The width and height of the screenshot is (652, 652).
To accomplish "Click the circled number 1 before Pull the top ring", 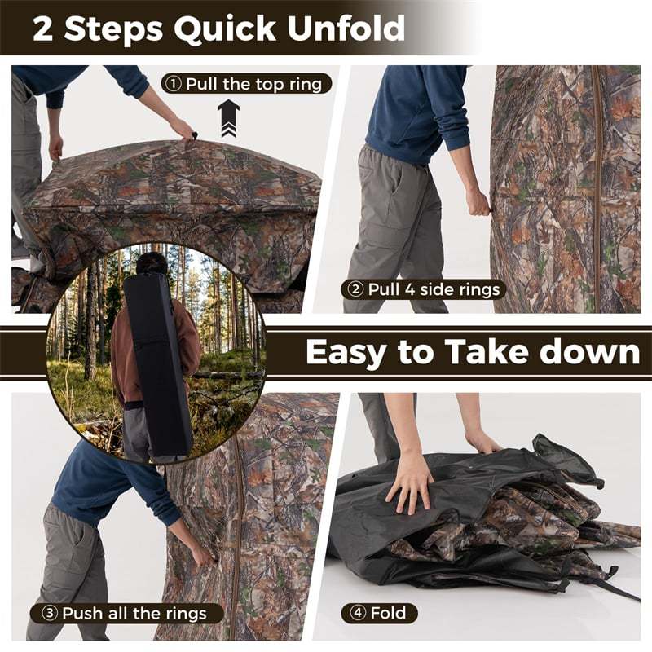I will tap(174, 83).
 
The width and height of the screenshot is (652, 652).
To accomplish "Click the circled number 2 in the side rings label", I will tap(355, 289).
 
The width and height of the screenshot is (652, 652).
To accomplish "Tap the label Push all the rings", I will tap(126, 613).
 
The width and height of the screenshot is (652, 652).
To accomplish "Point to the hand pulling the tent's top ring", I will tap(183, 129).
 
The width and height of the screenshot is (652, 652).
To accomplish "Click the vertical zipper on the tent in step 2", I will tap(597, 187).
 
